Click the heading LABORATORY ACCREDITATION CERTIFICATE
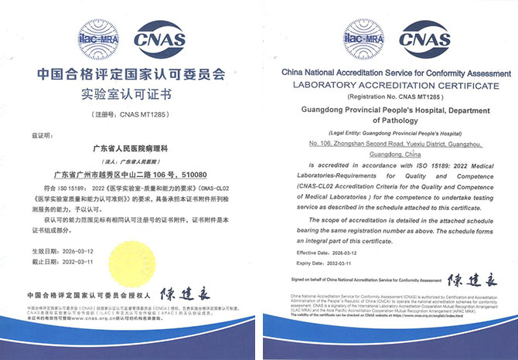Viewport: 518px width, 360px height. click(x=389, y=84)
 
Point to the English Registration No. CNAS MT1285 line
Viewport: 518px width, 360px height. click(x=389, y=98)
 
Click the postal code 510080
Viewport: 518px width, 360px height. click(x=200, y=175)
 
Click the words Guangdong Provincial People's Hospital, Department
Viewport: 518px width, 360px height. click(x=389, y=110)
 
